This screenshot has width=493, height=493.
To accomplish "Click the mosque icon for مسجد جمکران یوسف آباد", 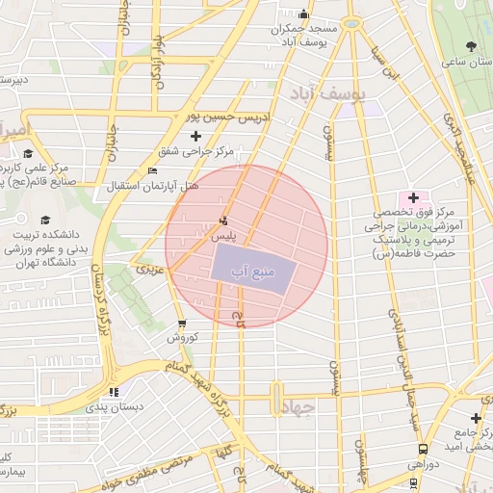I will coord(304,13).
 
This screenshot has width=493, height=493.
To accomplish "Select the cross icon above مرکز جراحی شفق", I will coord(196,136).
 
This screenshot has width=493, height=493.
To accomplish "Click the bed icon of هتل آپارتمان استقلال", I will coord(152,171).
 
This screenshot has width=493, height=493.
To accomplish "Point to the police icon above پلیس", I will coord(224,221).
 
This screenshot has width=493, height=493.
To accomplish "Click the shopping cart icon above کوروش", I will coord(182,324).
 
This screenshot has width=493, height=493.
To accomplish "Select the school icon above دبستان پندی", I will coord(115,392).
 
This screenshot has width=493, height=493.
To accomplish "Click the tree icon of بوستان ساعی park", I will coord(471,46).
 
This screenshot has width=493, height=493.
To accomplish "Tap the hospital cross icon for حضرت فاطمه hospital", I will coord(413,196).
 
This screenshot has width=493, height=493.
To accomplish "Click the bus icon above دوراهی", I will coord(423,449).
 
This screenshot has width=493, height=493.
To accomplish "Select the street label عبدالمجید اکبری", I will coord(457,144).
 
